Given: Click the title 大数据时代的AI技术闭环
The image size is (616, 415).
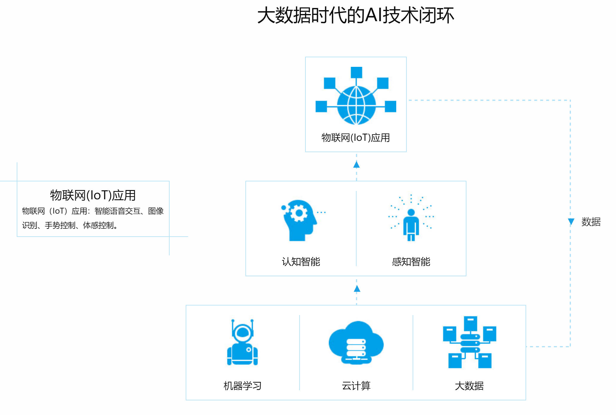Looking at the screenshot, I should coord(355,16).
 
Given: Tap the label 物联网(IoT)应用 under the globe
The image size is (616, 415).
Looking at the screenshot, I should coord(356,138).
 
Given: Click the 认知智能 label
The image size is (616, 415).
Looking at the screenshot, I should coord(301,262).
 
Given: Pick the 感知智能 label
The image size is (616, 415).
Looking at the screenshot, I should coord(411,262).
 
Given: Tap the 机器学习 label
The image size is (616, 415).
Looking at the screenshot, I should coord(242,386).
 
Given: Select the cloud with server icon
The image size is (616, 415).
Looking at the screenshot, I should coord(356,343).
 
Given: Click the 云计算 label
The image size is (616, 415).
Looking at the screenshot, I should coord(356,386).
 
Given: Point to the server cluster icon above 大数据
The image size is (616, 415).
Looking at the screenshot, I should coord(469,343).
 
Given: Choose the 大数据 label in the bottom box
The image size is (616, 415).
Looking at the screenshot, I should coord(469,386).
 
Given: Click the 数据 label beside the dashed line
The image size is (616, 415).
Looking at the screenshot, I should coord(591,222).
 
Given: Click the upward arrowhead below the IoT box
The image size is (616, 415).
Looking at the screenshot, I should coord(356,164).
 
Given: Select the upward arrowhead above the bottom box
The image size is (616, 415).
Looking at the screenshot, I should coord(357,289).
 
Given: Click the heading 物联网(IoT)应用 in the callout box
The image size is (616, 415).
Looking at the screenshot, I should coord(93,195).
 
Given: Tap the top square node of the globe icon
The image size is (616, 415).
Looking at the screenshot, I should coord(356,72).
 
